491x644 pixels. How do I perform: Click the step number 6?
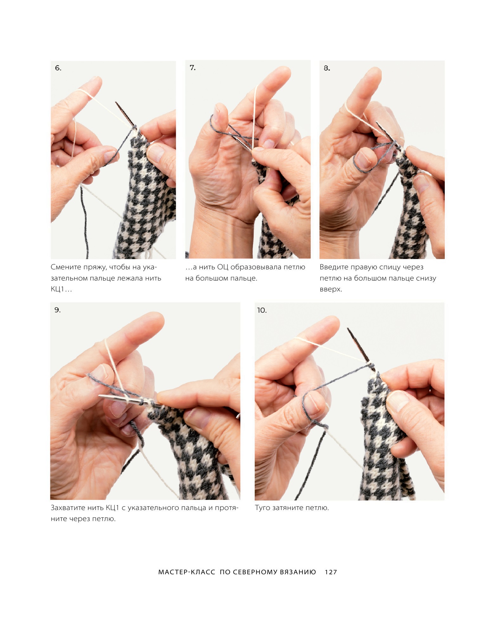(x=58, y=68)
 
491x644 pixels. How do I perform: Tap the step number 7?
(x=193, y=68)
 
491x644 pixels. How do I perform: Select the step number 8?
(x=327, y=68)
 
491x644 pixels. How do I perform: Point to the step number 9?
(x=57, y=310)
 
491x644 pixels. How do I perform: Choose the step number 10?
(x=262, y=310)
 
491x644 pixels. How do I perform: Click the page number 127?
(x=331, y=572)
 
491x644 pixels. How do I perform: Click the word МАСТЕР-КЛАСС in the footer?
(x=187, y=572)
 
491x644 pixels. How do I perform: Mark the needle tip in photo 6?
(x=116, y=103)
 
